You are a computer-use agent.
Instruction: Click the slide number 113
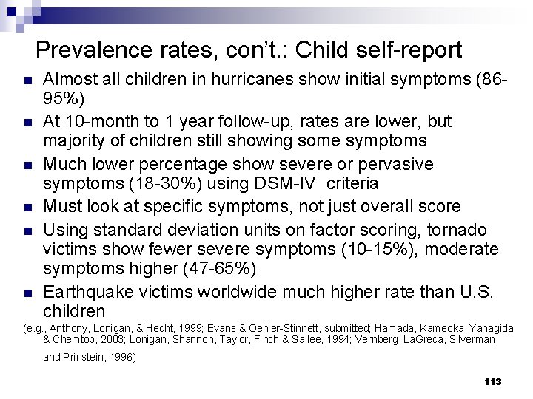[492, 381]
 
